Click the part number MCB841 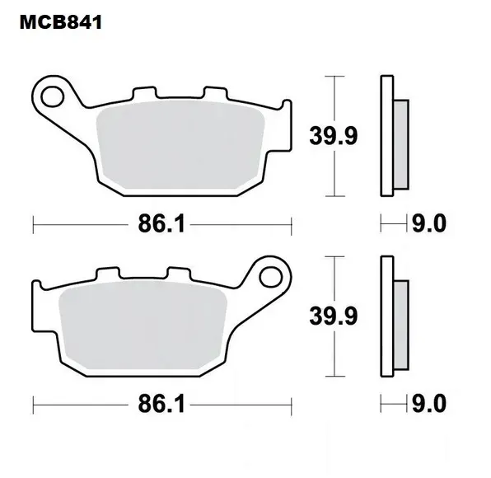click(x=61, y=22)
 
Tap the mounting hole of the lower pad click(x=271, y=277)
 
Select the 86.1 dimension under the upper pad click(x=161, y=224)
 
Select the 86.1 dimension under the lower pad click(x=161, y=404)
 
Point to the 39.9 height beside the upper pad click(x=333, y=136)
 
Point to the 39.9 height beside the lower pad click(x=333, y=316)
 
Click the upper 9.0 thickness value click(x=429, y=223)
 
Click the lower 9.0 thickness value click(x=429, y=404)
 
